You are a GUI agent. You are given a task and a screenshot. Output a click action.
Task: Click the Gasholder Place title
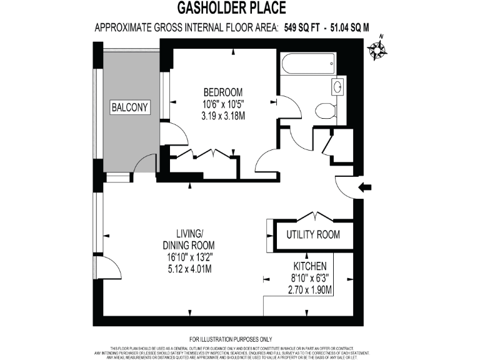coord(240,8)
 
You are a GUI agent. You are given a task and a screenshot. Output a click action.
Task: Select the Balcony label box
coord(131,107)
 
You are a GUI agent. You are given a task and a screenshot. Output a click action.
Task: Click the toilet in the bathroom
coord(325,111)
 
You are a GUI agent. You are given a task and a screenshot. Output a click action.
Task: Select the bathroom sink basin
coord(338,86)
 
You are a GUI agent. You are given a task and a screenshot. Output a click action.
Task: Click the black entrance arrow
coord(366,186)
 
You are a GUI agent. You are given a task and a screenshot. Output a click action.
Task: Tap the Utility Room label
coord(313,235)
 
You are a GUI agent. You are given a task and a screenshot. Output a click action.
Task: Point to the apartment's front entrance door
coord(346,185)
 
